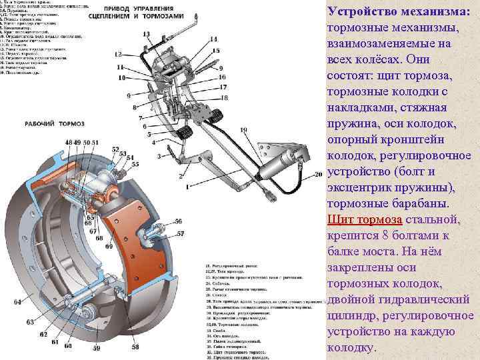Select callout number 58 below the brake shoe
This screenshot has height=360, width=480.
135,347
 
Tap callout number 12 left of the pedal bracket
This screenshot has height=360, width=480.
118,53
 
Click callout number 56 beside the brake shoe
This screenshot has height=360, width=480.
179,221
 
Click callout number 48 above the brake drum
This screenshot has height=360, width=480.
69,143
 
